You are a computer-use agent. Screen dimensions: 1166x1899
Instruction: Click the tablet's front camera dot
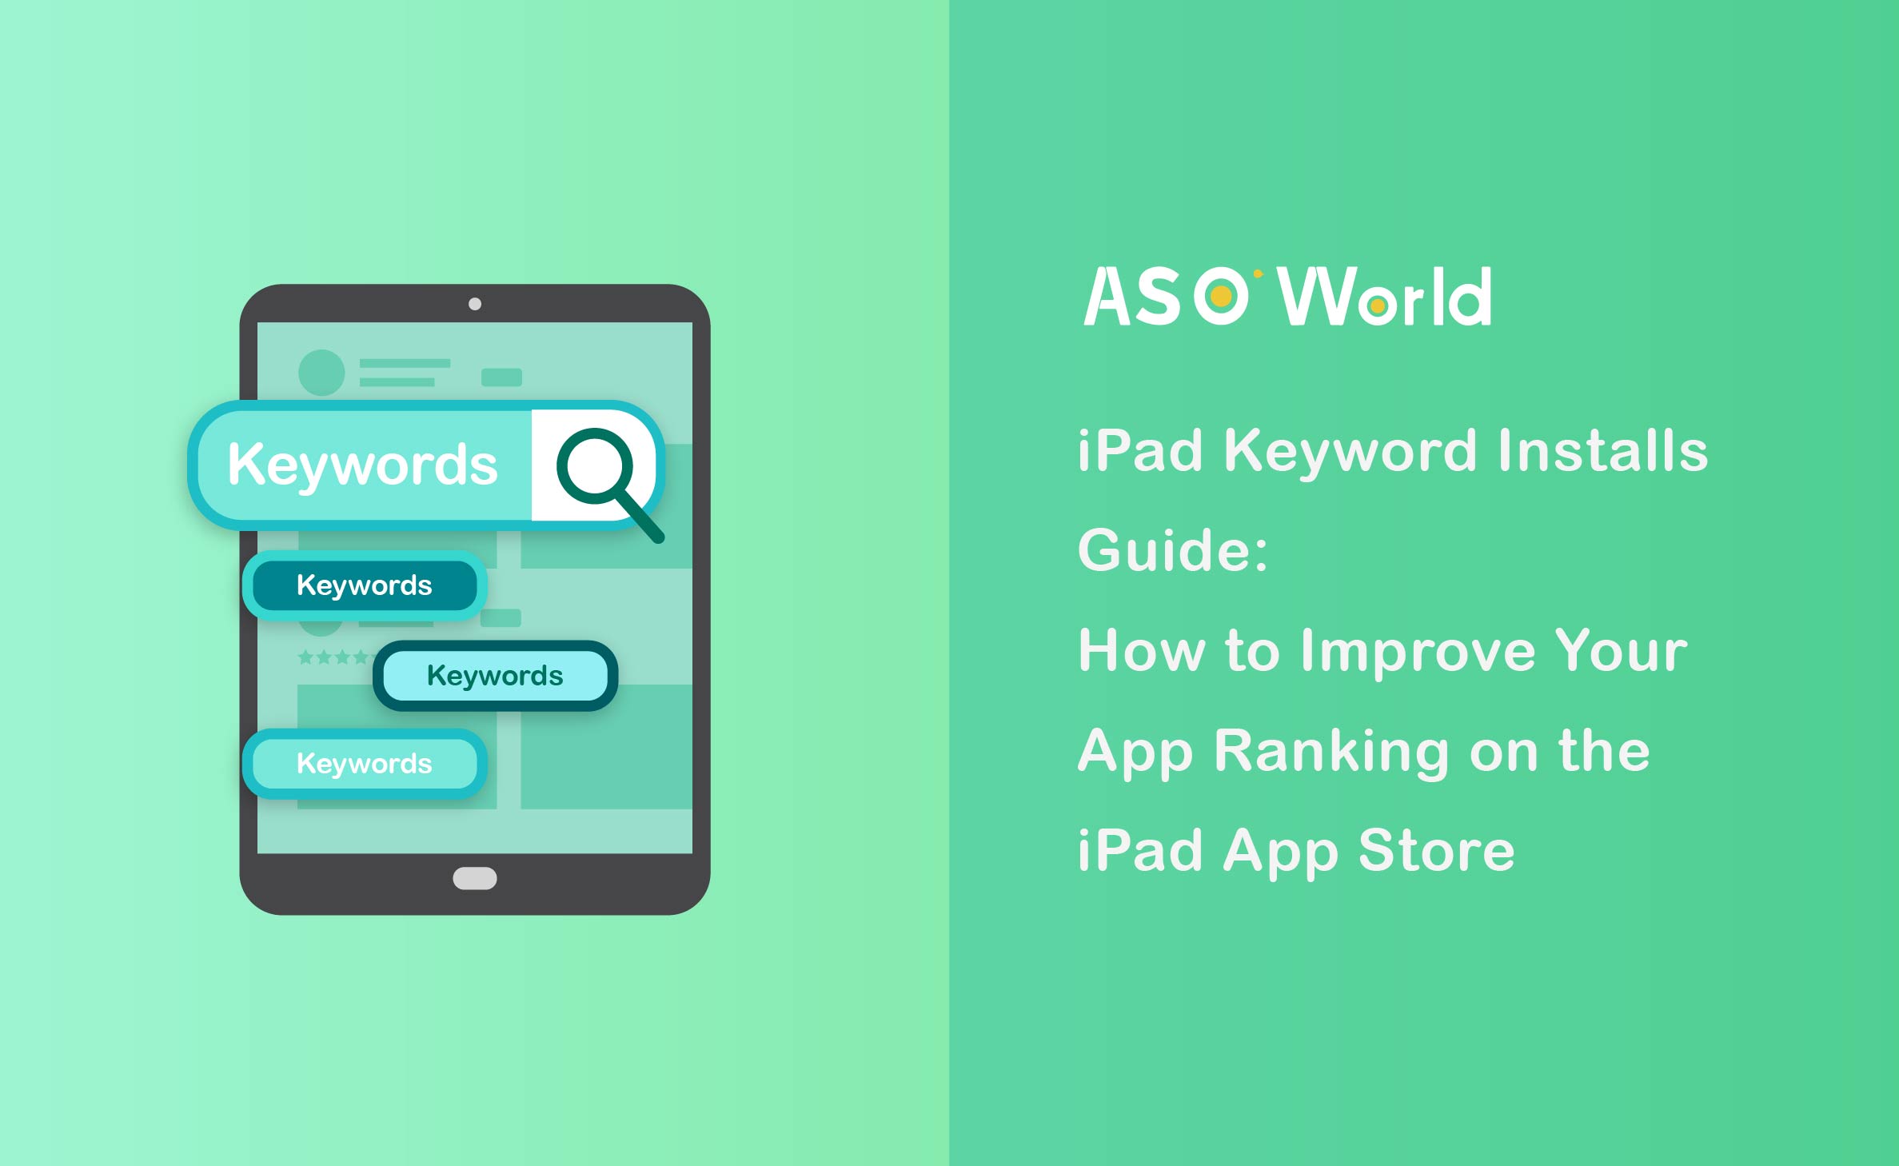coord(475,304)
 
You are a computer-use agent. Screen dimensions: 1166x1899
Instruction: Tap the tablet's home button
coord(475,878)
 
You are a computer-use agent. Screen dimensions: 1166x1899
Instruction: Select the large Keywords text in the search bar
coord(362,465)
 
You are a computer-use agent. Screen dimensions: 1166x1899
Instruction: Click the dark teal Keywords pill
coord(365,585)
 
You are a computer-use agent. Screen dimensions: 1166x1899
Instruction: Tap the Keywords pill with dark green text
coord(495,676)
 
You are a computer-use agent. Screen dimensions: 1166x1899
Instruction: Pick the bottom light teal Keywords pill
coord(365,764)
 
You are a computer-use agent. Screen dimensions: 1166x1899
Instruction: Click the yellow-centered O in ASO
coord(1221,297)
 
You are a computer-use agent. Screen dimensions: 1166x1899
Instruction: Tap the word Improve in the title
coord(1418,651)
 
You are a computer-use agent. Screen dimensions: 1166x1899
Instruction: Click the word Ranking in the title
coord(1330,751)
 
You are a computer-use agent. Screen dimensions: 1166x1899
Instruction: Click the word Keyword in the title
coord(1350,451)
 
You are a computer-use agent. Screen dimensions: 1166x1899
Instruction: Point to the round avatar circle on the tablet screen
coord(321,373)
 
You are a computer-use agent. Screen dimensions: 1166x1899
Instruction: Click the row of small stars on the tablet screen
coord(333,657)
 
